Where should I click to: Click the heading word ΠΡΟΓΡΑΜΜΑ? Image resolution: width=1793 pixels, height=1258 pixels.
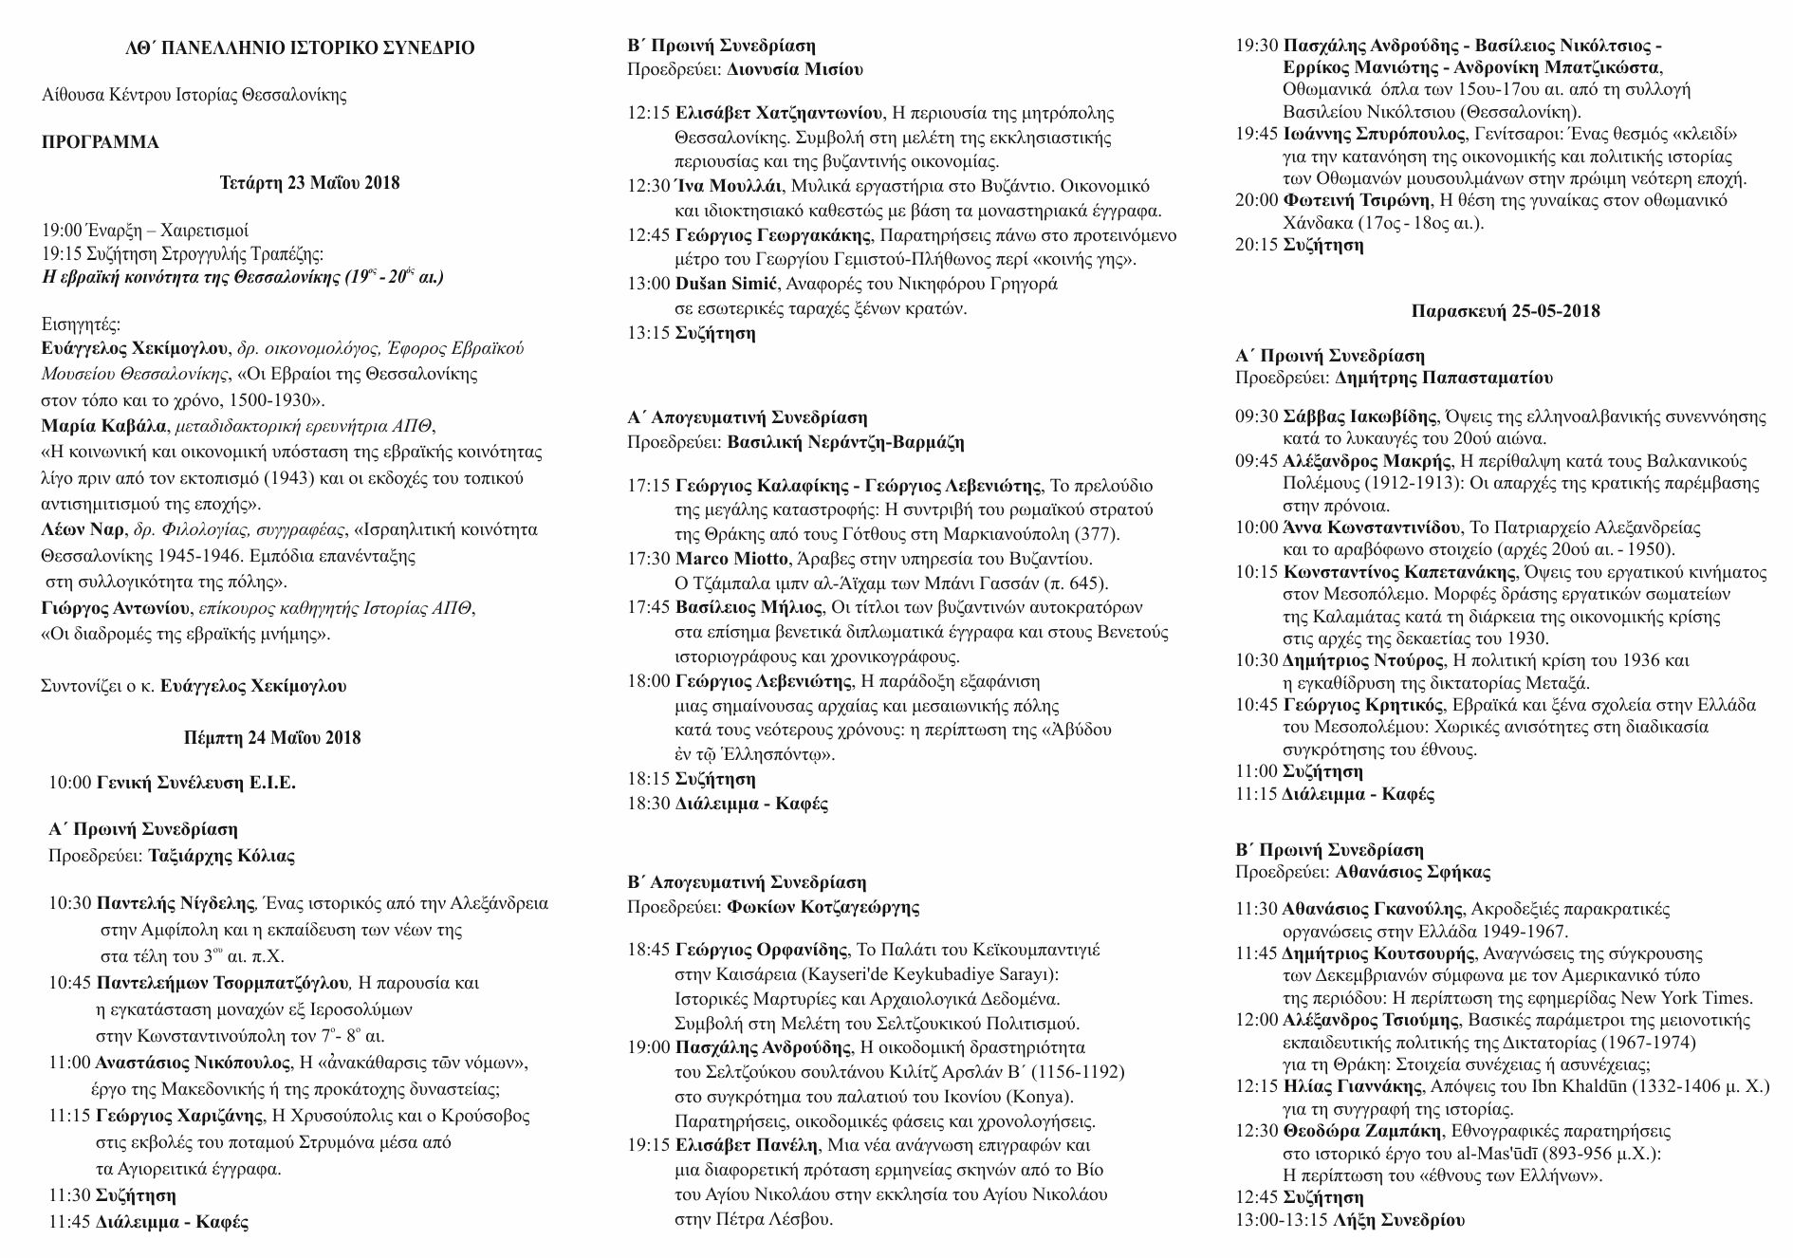[x=101, y=142]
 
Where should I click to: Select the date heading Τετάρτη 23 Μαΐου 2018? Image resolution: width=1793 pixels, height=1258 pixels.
[x=309, y=183]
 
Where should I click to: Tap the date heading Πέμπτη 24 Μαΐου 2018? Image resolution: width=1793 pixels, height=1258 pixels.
[x=272, y=737]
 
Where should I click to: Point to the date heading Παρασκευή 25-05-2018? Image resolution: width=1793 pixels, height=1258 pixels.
[x=1505, y=311]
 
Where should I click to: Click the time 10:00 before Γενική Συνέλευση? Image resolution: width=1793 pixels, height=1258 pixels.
[x=70, y=783]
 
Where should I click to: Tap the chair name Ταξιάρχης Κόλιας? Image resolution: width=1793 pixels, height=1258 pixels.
[x=221, y=856]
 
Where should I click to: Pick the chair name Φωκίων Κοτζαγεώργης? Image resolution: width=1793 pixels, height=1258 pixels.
[x=823, y=907]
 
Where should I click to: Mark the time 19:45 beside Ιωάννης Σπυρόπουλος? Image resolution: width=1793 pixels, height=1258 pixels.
[x=1256, y=134]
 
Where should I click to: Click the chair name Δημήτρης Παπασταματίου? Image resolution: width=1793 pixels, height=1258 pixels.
[x=1443, y=378]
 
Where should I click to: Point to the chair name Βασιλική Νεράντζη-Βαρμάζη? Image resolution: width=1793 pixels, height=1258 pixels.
[x=845, y=442]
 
